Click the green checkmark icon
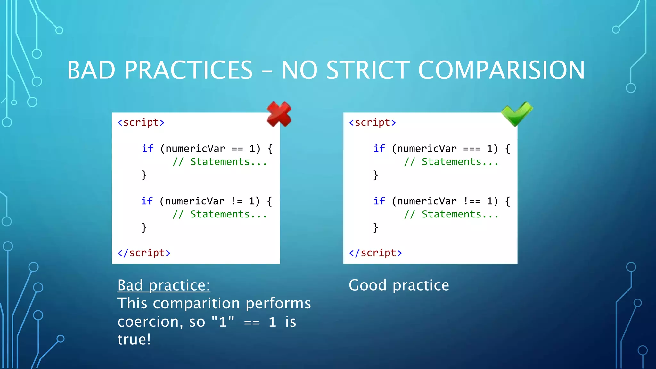(x=517, y=113)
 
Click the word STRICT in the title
(x=368, y=70)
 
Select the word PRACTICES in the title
(x=189, y=70)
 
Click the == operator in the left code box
(x=237, y=149)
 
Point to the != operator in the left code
(x=237, y=201)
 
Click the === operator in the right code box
(x=472, y=149)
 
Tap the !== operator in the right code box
(x=472, y=201)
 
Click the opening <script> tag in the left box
(x=141, y=123)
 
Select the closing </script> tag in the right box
(x=375, y=253)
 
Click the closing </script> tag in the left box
(x=144, y=253)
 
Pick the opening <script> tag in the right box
(x=373, y=123)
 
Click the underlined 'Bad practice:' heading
(x=164, y=285)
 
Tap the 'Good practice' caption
(x=399, y=285)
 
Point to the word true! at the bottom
(x=134, y=340)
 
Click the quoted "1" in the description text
(x=223, y=321)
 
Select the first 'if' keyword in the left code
(x=148, y=149)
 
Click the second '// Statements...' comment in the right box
(x=451, y=214)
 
